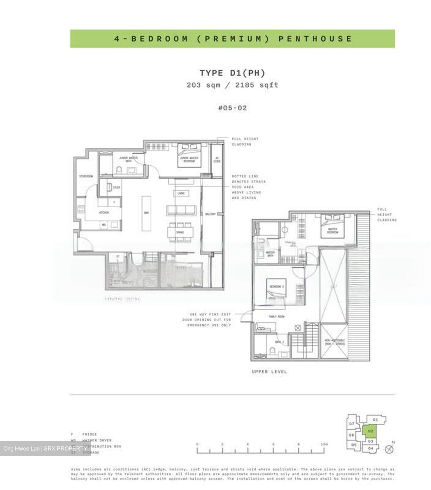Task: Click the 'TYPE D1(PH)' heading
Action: pyautogui.click(x=232, y=73)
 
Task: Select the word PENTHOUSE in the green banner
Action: pyautogui.click(x=315, y=38)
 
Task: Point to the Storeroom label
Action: pyautogui.click(x=86, y=176)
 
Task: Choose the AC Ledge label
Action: pyautogui.click(x=217, y=160)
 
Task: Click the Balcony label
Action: pyautogui.click(x=210, y=214)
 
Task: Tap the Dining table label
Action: pyautogui.click(x=180, y=232)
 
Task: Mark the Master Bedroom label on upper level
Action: pyautogui.click(x=333, y=231)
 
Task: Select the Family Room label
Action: pyautogui.click(x=276, y=316)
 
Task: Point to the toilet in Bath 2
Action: pyautogui.click(x=272, y=350)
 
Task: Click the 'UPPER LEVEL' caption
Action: pyautogui.click(x=269, y=372)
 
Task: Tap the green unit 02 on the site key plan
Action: pyautogui.click(x=371, y=431)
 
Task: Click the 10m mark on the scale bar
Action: pyautogui.click(x=324, y=444)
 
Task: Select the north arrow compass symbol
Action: pyautogui.click(x=389, y=449)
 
